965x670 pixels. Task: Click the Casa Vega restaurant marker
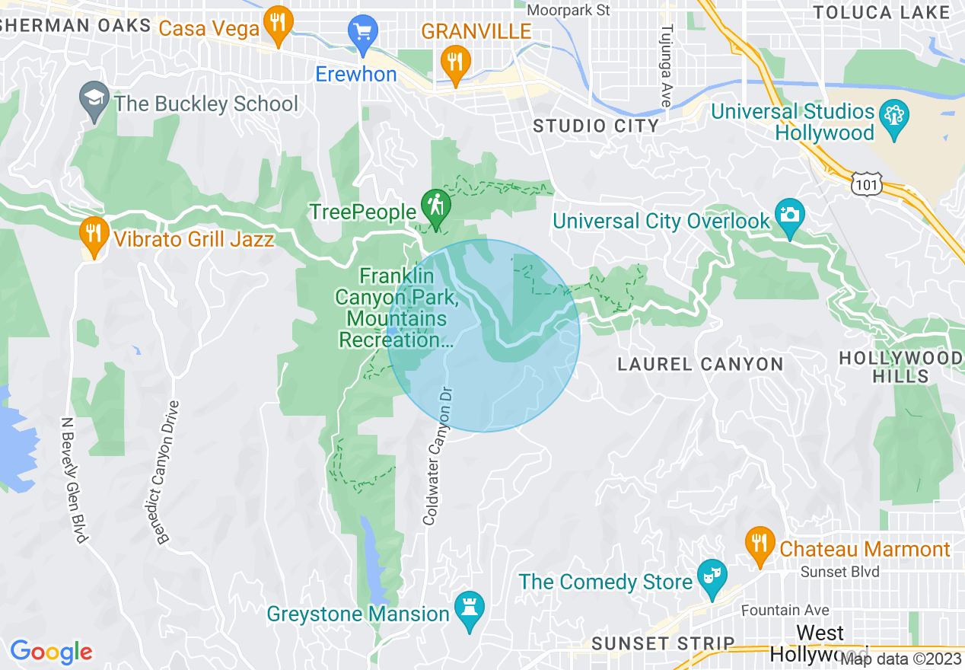coord(278,25)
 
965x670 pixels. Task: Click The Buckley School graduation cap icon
coord(94,100)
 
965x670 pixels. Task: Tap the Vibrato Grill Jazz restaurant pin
coord(93,235)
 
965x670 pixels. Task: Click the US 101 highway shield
coord(866,183)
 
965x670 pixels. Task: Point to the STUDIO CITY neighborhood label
coord(596,126)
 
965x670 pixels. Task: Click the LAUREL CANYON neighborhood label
coord(700,364)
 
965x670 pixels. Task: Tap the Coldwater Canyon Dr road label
coord(437,455)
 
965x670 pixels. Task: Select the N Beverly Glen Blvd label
coord(73,480)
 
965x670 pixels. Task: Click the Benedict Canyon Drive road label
coord(170,473)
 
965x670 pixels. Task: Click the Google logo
coord(51,652)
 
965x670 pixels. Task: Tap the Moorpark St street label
coord(568,10)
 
